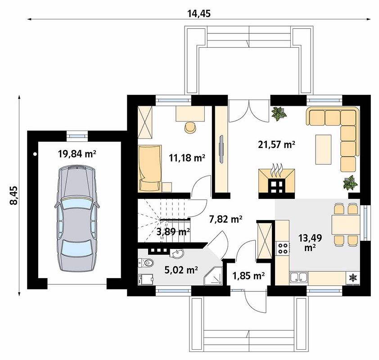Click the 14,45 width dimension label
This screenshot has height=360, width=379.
pos(199,14)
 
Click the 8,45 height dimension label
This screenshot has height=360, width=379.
pos(14,195)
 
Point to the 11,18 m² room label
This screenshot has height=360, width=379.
pos(187,158)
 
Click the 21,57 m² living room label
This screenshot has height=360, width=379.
pos(276,144)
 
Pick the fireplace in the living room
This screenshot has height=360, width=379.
pos(277,181)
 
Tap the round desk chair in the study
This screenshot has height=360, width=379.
pos(191,127)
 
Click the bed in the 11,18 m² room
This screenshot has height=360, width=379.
pos(150,169)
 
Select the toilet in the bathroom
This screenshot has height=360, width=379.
pos(145,263)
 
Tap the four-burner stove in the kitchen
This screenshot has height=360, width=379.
pos(283,248)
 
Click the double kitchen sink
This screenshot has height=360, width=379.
pos(299,277)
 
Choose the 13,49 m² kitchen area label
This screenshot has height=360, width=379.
pos(310,243)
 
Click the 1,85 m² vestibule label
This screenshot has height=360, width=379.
pos(248,275)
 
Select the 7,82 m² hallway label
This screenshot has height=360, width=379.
pos(226,219)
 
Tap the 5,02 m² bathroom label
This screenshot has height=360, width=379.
pos(181,270)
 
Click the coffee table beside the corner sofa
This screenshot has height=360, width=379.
pos(323,149)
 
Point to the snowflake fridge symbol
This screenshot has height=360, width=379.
pos(353,278)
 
